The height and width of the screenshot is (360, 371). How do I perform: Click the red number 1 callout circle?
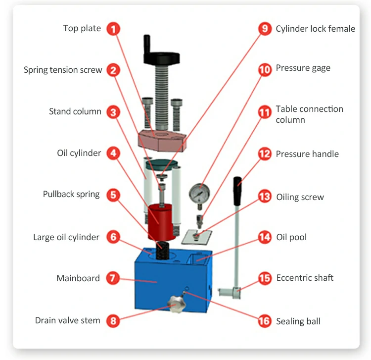coord(114,29)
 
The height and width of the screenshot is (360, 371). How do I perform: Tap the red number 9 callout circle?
coord(265,29)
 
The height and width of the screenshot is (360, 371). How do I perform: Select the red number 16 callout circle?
coord(265,321)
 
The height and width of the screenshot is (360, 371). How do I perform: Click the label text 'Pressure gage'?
coord(303,68)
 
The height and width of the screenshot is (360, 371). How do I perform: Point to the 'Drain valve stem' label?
coord(67,320)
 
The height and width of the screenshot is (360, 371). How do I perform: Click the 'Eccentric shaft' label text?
coord(305,277)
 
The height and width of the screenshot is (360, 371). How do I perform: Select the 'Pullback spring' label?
coord(71,194)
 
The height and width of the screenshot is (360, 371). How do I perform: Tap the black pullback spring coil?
coord(162,251)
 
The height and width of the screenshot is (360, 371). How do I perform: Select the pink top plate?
coord(162,140)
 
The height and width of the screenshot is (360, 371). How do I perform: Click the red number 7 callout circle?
coord(114,278)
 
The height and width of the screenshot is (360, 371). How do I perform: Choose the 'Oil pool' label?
coord(291,237)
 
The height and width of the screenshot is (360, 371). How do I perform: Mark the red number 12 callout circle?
coord(265,154)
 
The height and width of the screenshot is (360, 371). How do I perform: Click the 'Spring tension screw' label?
coord(63,70)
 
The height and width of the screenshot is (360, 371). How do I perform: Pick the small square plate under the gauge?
coord(194,237)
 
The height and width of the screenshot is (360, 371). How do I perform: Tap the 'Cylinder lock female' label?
coord(315,29)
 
